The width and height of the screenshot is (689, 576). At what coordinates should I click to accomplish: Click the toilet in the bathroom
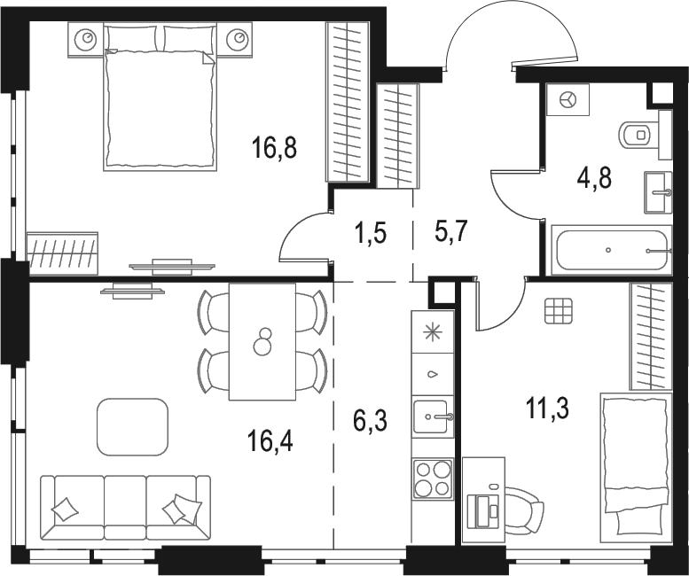(x=640, y=134)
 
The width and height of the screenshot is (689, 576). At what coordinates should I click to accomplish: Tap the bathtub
(x=608, y=251)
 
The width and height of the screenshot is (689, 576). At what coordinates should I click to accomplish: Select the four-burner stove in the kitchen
(x=433, y=479)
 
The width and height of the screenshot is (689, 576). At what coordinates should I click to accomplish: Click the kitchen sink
(x=433, y=414)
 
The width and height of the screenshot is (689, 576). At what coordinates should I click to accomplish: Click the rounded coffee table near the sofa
(x=132, y=424)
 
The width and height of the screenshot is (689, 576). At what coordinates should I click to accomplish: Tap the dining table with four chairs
(x=262, y=342)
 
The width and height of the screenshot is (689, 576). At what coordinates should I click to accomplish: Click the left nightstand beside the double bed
(x=86, y=39)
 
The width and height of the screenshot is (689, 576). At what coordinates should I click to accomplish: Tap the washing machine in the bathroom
(x=568, y=100)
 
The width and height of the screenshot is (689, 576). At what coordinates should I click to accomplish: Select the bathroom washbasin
(x=658, y=191)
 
